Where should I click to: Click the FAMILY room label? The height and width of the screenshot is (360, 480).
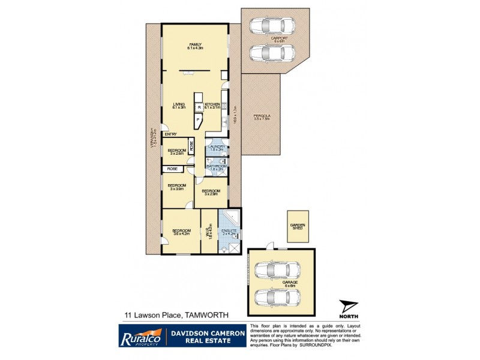[195, 45]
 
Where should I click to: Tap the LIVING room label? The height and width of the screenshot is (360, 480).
[178, 104]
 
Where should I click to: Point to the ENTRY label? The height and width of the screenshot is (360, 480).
[172, 135]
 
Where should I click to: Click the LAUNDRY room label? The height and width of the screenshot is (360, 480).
[216, 146]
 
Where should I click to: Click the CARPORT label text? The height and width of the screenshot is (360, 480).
[279, 38]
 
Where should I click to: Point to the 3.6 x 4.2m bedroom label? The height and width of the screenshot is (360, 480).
[182, 231]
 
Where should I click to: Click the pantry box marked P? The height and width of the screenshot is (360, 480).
[199, 120]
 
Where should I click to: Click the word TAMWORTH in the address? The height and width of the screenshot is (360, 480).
[208, 314]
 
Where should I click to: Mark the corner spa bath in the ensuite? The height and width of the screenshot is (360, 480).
[232, 217]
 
